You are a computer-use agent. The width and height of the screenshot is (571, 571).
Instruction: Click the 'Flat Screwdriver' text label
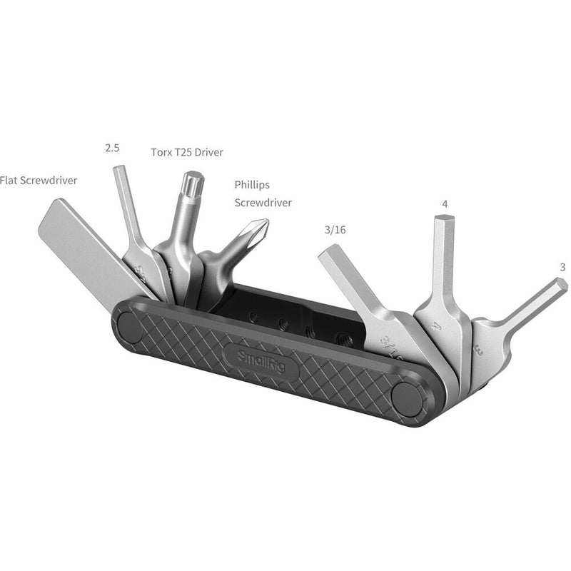[x=39, y=180]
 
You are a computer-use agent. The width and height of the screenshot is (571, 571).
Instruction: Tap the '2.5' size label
[x=111, y=148]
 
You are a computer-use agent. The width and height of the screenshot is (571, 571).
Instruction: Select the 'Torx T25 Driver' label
[x=187, y=152]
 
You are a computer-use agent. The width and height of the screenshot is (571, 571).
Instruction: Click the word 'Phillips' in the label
[x=253, y=184]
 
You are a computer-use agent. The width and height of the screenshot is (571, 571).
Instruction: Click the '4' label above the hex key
[x=445, y=204]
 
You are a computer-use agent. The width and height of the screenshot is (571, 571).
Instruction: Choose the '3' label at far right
[x=562, y=268]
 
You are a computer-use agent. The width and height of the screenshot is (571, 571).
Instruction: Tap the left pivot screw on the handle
[x=131, y=327]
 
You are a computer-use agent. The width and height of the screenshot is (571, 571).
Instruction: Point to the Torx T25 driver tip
[x=191, y=180]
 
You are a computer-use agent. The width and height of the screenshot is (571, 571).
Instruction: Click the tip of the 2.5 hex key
[x=119, y=172]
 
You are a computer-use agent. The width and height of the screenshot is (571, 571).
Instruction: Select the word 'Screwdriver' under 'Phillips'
[x=263, y=203]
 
